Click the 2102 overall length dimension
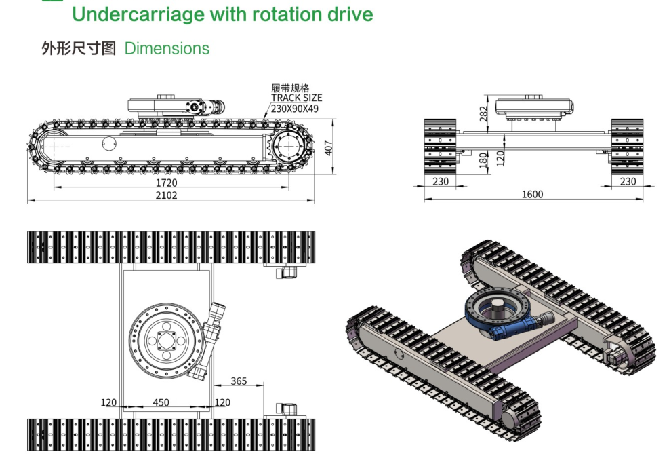coord(166,195)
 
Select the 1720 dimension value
coord(166,183)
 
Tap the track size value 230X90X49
coord(295,108)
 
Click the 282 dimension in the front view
coord(484,113)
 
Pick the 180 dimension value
coord(484,159)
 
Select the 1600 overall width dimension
coord(532,195)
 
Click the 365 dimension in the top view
coord(239,381)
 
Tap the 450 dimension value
coord(161,402)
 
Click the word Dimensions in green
coord(167,49)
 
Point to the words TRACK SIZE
coord(297,98)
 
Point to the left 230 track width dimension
coord(441,181)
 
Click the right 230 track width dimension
coord(628,181)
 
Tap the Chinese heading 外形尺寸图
coord(79,49)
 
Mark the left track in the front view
coord(441,146)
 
